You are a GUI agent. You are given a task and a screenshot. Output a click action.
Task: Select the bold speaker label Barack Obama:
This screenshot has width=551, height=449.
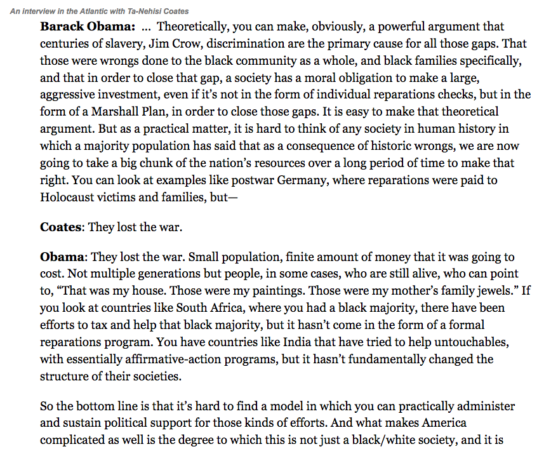(88, 27)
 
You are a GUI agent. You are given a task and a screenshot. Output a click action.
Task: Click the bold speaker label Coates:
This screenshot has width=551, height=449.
(63, 227)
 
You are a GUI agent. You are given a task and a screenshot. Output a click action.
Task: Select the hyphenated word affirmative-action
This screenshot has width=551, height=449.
(171, 359)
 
